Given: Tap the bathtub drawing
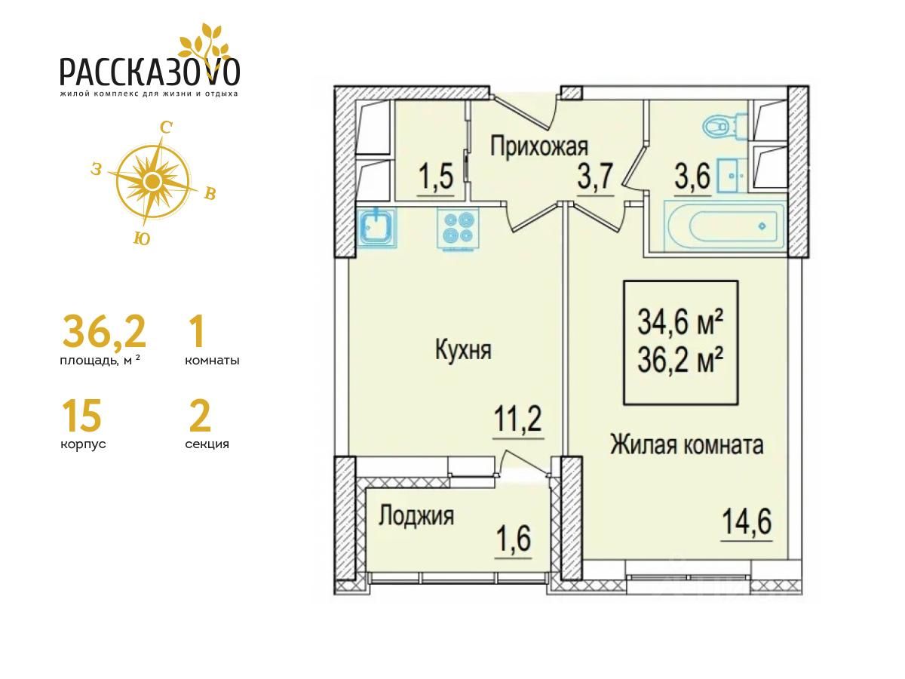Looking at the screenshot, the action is (x=725, y=226).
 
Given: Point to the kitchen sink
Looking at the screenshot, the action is (x=377, y=228).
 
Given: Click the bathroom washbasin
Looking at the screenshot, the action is (x=732, y=176).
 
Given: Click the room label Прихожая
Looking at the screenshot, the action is (x=539, y=147).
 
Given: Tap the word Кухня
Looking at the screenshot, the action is (x=463, y=350).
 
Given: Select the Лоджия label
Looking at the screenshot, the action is (x=416, y=516).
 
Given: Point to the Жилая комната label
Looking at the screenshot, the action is (x=686, y=445).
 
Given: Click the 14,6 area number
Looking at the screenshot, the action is (x=747, y=522).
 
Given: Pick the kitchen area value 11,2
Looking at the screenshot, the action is (x=518, y=418).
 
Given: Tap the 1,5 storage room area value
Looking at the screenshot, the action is (x=436, y=176).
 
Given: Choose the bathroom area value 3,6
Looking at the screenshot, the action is (x=692, y=176).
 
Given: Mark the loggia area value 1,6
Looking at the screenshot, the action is (x=514, y=539).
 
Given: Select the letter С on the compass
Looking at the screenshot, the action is (x=165, y=128).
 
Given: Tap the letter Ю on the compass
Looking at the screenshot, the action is (x=142, y=238).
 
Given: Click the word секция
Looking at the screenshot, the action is (x=207, y=444).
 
